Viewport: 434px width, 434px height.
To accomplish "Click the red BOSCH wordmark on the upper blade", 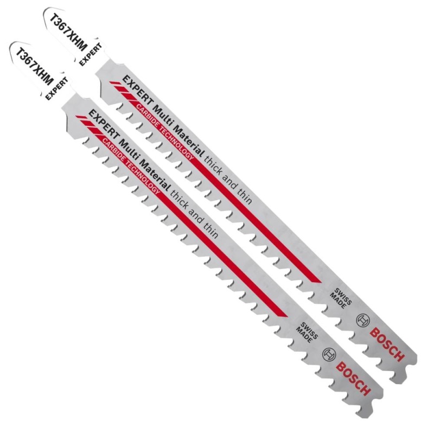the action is [387, 344].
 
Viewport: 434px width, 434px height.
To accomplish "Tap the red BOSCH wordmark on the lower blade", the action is [354, 379].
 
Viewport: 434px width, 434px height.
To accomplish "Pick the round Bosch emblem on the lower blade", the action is [329, 355].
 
